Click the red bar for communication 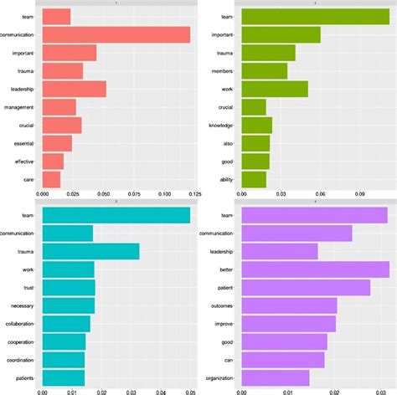tap(116, 34)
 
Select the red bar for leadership tap(74, 89)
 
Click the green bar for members tap(265, 71)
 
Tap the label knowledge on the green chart tap(221, 126)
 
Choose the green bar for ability tap(254, 179)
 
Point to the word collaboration tap(19, 324)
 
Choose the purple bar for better tap(315, 269)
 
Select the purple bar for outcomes tap(289, 305)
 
